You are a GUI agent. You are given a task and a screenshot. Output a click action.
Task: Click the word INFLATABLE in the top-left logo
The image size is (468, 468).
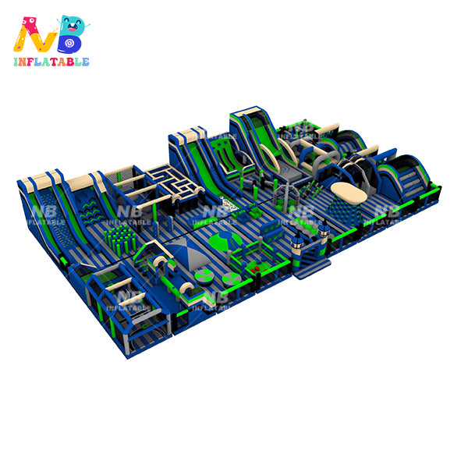pos(51,62)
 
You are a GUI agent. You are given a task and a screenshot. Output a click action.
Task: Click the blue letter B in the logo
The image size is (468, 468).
pos(71,34)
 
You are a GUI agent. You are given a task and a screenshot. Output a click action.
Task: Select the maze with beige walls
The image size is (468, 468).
pos(175,183)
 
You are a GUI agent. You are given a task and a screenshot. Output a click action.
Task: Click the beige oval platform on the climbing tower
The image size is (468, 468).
pos(349,193)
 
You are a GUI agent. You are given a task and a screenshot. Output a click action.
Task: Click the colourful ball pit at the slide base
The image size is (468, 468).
pos(230,204)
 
